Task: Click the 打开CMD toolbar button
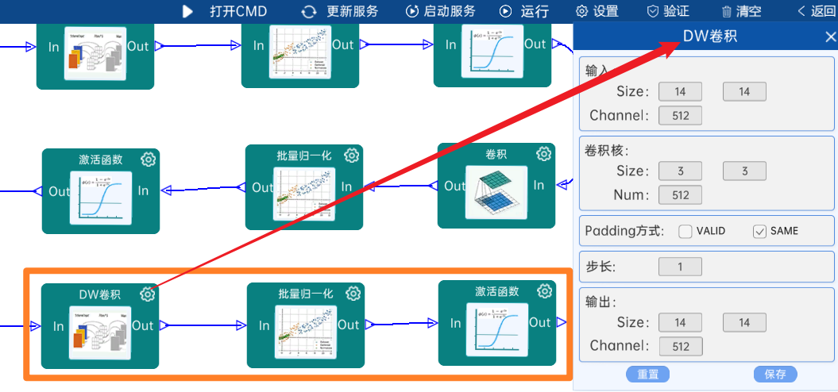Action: coord(225,11)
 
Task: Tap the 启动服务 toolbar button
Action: coord(441,11)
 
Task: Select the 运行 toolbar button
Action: coord(524,11)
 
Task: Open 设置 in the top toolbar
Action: coord(597,11)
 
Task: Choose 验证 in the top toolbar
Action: coord(668,11)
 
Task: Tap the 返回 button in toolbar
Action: coord(817,11)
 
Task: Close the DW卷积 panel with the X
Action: coord(830,37)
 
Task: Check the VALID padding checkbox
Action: coord(685,232)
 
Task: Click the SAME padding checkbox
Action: coord(759,232)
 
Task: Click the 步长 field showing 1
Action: coord(680,267)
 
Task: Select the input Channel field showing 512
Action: coord(680,116)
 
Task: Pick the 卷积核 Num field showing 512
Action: coord(680,194)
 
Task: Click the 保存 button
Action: coord(774,375)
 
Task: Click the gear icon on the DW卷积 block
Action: coord(148,294)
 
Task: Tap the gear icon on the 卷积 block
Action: coord(544,154)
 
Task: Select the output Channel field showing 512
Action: coord(680,346)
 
